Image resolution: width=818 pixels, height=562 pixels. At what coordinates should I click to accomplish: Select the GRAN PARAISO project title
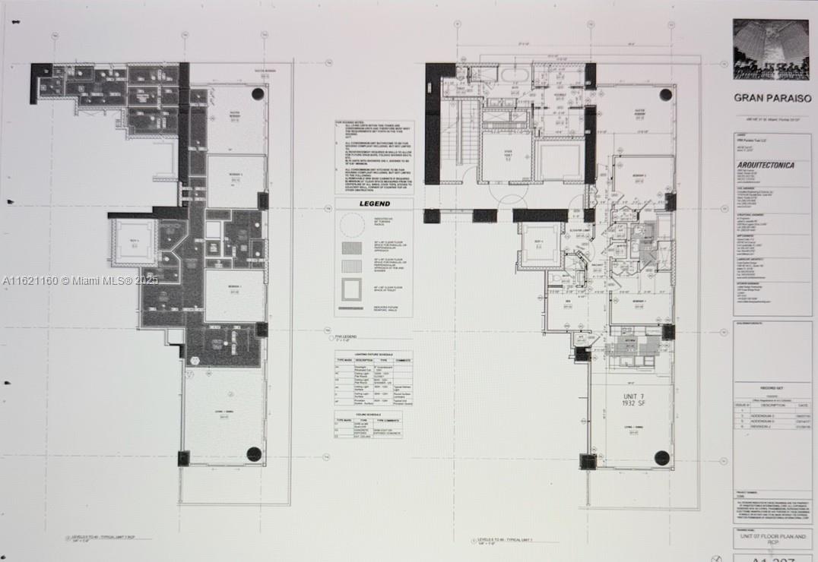coord(772,98)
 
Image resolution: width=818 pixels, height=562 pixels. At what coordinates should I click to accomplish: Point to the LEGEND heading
coord(373,204)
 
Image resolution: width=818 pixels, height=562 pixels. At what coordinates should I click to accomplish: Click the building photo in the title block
coord(771,49)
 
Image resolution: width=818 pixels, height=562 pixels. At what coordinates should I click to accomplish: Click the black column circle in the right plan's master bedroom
coord(666,95)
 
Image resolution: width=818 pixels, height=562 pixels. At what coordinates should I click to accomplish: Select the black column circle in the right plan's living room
coord(661,457)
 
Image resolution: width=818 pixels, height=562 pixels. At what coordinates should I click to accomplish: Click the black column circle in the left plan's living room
coord(254,454)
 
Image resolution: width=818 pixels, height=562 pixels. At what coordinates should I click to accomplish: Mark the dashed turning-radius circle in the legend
coord(352,226)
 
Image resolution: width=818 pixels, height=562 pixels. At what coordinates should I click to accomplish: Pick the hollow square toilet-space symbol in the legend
coord(352,291)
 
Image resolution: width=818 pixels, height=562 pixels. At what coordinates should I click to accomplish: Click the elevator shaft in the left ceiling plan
coord(134,242)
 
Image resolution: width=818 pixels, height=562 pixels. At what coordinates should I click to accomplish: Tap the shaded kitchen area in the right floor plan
coord(631,347)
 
